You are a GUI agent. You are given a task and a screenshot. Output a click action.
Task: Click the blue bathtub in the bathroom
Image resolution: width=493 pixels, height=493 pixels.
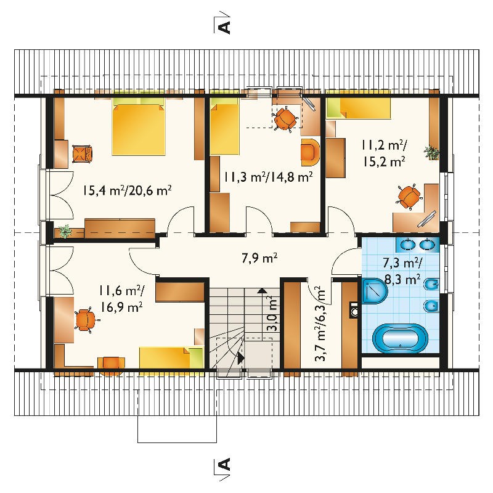400,338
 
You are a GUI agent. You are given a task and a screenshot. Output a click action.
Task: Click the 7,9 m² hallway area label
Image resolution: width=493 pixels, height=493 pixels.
259,258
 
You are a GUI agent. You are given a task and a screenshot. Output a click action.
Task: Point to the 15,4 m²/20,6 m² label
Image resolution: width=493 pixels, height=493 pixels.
128,190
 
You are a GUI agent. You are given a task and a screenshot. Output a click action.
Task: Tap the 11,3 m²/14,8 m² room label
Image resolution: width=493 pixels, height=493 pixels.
268,177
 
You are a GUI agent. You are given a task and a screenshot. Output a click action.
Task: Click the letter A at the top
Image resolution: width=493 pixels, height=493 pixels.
224,27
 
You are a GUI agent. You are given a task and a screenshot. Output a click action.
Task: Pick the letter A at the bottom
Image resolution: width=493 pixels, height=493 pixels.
224,464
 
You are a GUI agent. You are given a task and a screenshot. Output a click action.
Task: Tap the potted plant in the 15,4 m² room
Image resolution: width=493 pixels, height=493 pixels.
65,231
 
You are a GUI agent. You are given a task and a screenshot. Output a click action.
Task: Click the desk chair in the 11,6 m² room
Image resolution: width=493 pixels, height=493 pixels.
85,320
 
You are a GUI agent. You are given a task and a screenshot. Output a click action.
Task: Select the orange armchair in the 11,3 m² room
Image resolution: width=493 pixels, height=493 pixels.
310,152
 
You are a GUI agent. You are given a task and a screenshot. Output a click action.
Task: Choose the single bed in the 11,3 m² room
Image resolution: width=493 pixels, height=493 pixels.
225,126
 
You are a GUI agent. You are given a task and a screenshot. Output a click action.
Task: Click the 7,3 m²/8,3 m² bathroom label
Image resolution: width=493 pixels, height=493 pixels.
402,271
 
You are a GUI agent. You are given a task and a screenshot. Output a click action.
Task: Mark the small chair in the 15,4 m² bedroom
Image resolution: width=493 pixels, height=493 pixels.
83,153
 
